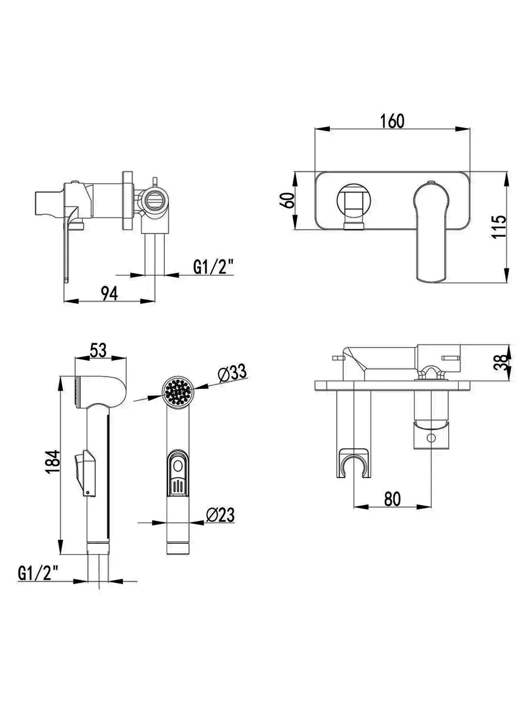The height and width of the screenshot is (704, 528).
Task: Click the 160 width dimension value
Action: click(x=392, y=121)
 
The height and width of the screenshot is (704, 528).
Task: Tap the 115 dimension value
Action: click(x=499, y=226)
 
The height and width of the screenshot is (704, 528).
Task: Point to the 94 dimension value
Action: click(x=110, y=293)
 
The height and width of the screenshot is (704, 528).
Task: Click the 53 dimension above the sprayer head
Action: click(x=98, y=350)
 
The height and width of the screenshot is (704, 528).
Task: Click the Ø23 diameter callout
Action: click(x=220, y=515)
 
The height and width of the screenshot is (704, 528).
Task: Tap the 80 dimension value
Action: click(x=392, y=499)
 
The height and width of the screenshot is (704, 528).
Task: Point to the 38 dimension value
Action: click(x=500, y=363)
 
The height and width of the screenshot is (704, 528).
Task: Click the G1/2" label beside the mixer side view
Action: click(x=214, y=267)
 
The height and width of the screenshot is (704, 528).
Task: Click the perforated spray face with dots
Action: click(x=178, y=392)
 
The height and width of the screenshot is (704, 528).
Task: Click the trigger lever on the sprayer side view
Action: click(x=86, y=473)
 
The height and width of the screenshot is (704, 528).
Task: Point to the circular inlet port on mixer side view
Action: click(x=155, y=201)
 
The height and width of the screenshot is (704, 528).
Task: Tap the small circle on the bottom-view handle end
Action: click(x=431, y=438)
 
